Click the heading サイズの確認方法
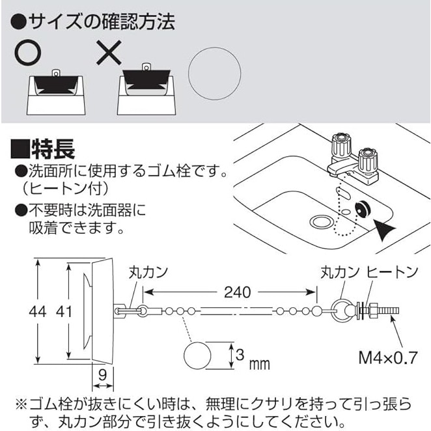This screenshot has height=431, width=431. [93, 21]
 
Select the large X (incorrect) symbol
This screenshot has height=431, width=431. [109, 53]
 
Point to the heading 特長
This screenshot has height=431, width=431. [42, 148]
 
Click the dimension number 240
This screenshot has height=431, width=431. [237, 292]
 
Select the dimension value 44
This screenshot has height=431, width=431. [38, 312]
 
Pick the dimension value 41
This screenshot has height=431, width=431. [64, 312]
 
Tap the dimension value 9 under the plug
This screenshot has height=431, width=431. [102, 375]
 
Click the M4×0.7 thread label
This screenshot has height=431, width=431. [388, 357]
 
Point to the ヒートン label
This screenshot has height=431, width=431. [392, 272]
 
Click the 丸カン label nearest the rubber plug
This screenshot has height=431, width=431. [148, 272]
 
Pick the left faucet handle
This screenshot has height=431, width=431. [341, 145]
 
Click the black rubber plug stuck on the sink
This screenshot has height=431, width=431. [363, 210]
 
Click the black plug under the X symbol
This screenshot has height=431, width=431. [146, 79]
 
